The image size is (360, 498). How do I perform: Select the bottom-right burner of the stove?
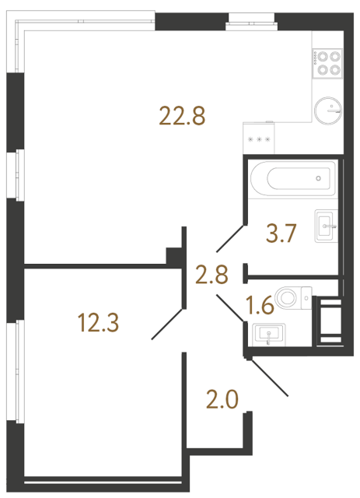click(335, 69)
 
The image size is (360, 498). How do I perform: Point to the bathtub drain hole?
click(319, 178)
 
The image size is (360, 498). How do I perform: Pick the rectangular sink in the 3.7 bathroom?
click(327, 226)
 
